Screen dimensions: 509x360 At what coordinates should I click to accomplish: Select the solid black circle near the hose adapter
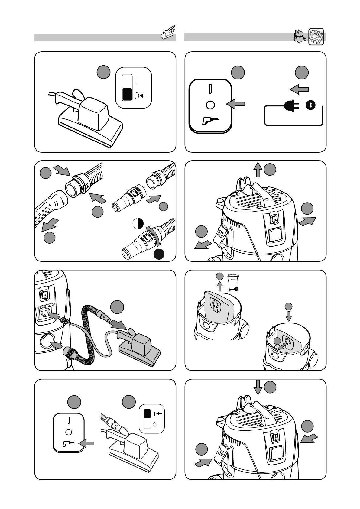pos(159,254)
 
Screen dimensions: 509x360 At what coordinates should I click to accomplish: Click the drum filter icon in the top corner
pos(316,37)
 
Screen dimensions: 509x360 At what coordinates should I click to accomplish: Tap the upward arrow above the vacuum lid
pos(257,170)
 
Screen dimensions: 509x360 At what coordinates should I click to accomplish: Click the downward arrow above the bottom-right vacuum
pos(258,387)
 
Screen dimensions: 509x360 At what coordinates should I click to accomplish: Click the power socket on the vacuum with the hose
pos(46,313)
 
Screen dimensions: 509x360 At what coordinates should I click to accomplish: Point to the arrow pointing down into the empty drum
pos(289,316)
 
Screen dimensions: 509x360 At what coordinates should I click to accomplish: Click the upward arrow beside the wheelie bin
pos(220,286)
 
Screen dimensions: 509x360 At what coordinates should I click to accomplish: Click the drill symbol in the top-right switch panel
pos(209,122)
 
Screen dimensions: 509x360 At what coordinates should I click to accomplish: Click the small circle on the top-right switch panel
pos(210,105)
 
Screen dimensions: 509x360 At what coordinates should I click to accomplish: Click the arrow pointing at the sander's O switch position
pos(143,96)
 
